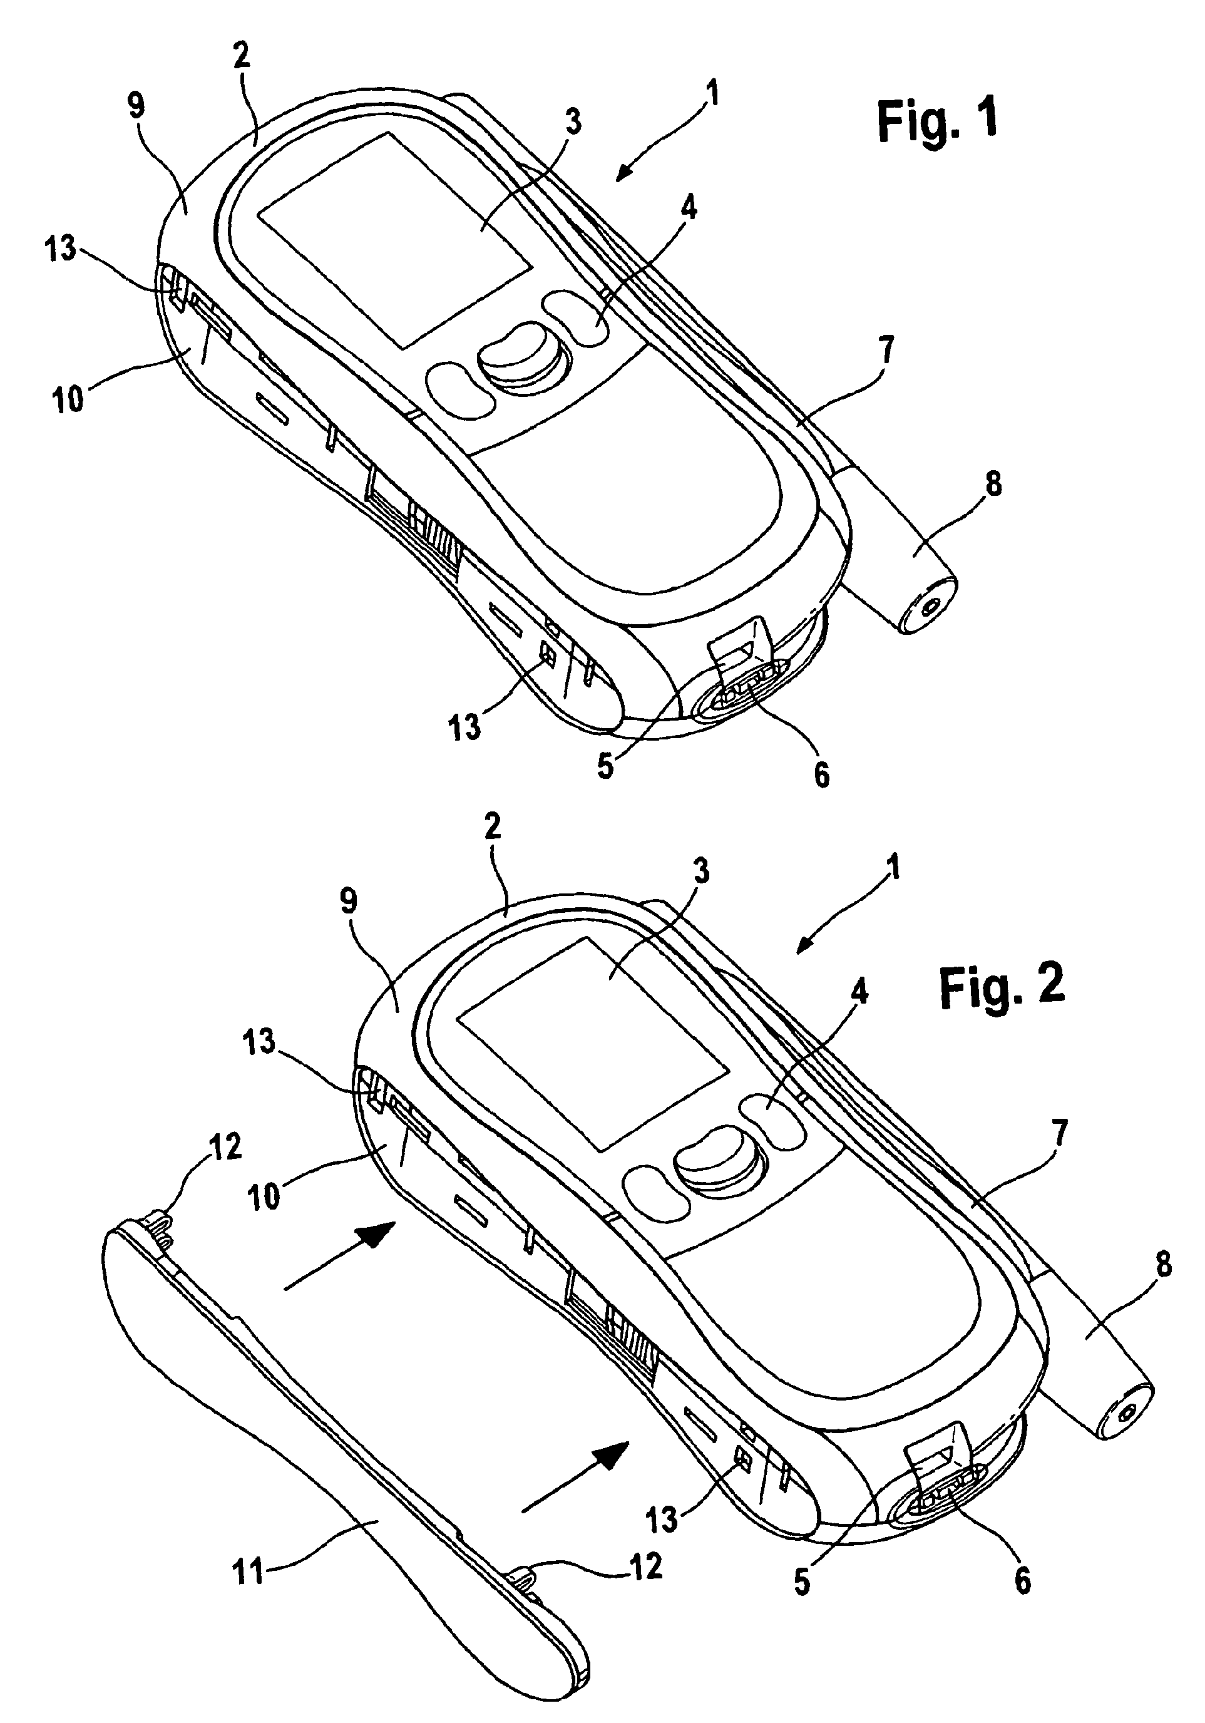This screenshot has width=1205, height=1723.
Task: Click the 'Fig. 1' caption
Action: (937, 120)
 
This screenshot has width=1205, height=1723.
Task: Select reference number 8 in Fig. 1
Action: (993, 484)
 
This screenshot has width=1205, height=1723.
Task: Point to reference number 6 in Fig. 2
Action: (1022, 1581)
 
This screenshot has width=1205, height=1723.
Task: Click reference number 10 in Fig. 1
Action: (68, 398)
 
